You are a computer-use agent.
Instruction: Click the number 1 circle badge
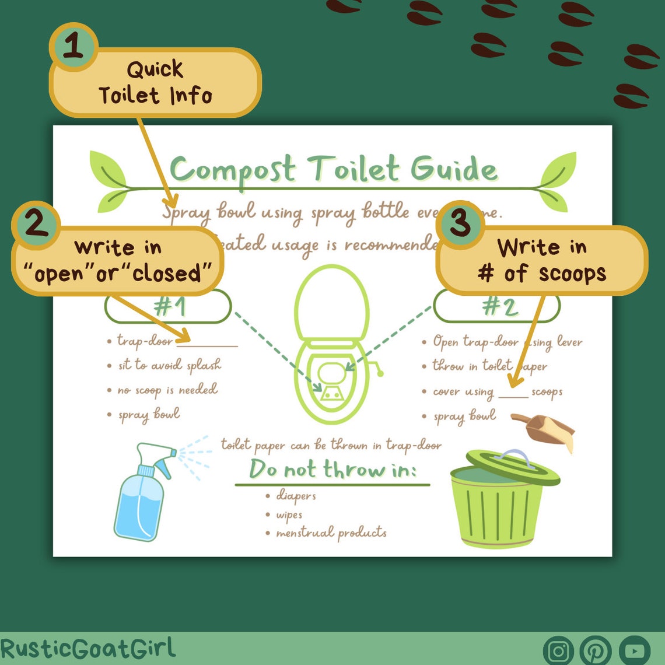73,47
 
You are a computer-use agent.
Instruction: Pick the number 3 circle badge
460,224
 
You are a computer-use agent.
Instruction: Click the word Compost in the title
232,170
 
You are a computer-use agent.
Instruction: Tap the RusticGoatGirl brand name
87,648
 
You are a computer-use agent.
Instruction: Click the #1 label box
168,307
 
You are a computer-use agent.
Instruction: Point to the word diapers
296,496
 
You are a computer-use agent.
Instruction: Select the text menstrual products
331,533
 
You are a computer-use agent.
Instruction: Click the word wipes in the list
289,515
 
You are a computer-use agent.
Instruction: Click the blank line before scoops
513,397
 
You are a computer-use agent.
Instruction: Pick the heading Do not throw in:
332,470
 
